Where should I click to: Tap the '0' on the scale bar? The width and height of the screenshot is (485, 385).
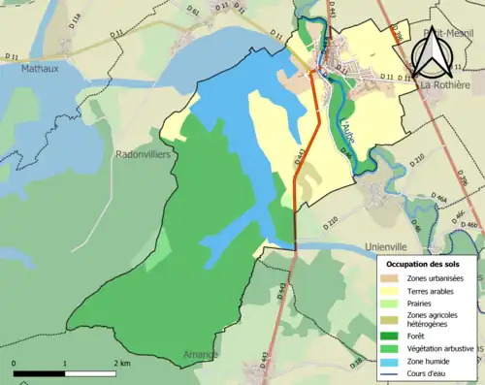15,364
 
